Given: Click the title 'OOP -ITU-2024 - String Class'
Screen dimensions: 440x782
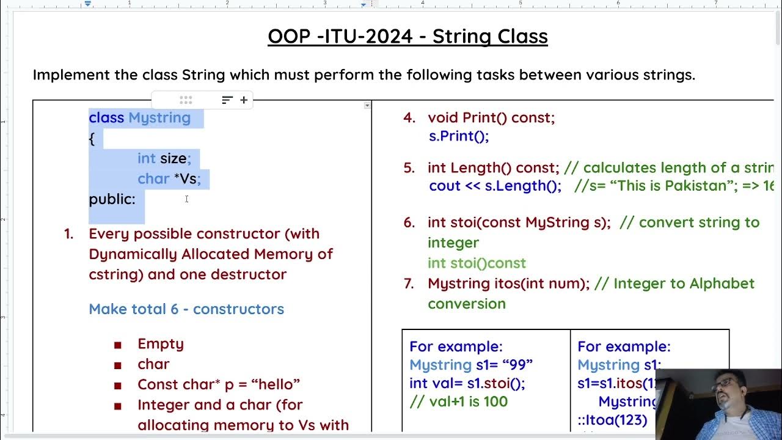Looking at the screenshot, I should click(x=407, y=37).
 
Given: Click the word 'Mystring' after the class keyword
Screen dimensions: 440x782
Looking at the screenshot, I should click(x=159, y=118).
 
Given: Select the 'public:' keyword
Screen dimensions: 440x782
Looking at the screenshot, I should click(x=112, y=199).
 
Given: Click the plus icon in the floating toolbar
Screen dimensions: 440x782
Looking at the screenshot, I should click(x=244, y=100).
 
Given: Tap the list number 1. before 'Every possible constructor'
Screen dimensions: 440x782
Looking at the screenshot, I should click(x=69, y=234).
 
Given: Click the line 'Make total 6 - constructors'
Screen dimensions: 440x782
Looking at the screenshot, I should click(x=186, y=309).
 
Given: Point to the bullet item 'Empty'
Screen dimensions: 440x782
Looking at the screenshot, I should click(x=161, y=344).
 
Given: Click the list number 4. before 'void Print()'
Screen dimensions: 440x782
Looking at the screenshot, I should click(x=409, y=118).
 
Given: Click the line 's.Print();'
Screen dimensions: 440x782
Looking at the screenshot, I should click(x=459, y=136).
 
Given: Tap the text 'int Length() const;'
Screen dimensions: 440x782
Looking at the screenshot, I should click(x=493, y=168).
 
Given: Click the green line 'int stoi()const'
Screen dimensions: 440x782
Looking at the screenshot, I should click(x=477, y=263).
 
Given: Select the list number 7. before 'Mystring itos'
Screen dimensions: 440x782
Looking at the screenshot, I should click(x=409, y=284).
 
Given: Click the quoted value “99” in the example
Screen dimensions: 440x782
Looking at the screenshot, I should click(x=517, y=365).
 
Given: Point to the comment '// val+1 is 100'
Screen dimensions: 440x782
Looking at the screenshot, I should click(x=458, y=402).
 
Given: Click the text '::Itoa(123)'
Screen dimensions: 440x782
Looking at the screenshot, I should click(x=612, y=420).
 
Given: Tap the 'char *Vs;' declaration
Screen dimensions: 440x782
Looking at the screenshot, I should click(x=169, y=179).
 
